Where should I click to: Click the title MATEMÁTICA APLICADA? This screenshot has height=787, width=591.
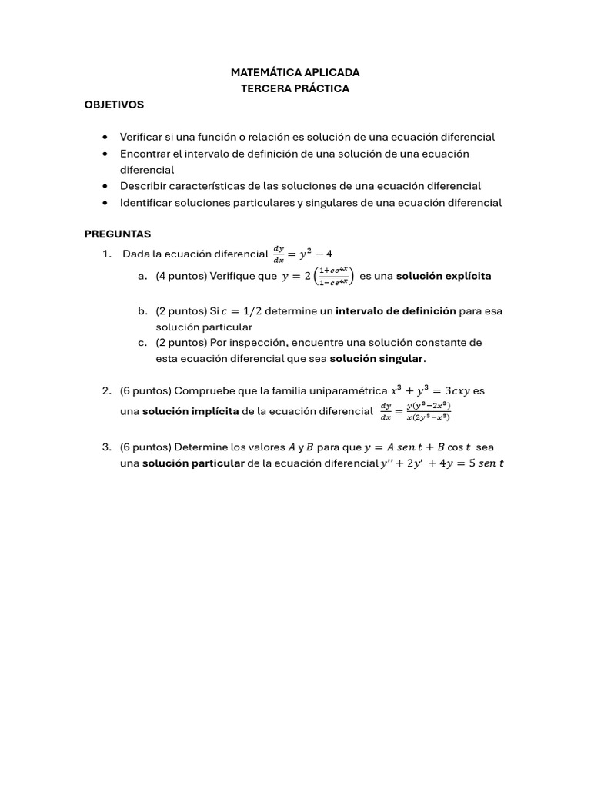tap(295, 72)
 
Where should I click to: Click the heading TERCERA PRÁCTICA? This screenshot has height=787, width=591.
tap(295, 88)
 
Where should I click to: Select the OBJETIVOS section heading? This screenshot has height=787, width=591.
tap(114, 105)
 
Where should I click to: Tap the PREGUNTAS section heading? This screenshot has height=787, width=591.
tap(118, 234)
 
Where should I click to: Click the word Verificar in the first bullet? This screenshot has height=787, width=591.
tap(142, 137)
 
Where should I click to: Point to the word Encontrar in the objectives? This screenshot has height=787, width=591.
tap(145, 154)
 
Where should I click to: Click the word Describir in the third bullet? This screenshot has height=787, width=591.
tap(143, 186)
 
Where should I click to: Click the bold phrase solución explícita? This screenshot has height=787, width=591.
tap(443, 276)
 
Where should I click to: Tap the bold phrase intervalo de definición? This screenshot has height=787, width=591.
tap(396, 311)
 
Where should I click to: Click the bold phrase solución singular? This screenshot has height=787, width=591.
tap(376, 359)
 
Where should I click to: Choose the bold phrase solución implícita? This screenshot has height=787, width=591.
tap(190, 411)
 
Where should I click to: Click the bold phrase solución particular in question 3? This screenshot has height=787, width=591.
tap(193, 463)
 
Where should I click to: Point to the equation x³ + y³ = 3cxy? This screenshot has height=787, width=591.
tap(426, 390)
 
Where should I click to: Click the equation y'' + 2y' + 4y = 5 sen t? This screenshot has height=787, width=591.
tap(442, 463)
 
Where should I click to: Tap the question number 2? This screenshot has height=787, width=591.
tap(106, 390)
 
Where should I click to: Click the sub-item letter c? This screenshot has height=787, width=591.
tap(142, 342)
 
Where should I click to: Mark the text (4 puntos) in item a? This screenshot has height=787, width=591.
tap(181, 276)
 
